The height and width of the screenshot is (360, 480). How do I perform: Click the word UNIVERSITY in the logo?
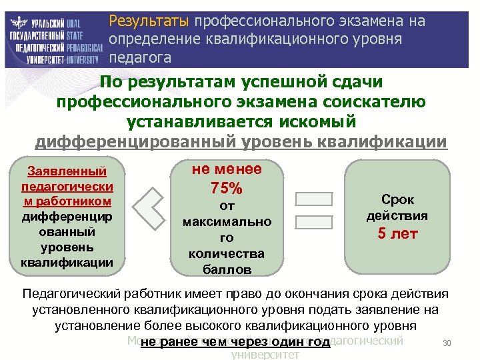80,59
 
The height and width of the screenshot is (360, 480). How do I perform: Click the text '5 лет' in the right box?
397,233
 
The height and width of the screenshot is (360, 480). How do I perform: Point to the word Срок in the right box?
397,200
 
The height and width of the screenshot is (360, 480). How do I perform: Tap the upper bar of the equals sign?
313,199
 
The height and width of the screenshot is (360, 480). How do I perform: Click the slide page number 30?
447,343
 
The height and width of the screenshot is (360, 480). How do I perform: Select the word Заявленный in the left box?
65,173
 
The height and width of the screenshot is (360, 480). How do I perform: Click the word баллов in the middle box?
227,269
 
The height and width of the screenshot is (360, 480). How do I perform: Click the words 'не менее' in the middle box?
227,169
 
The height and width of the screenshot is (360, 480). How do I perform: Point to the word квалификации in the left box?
65,262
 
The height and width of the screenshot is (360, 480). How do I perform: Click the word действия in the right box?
397,216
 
